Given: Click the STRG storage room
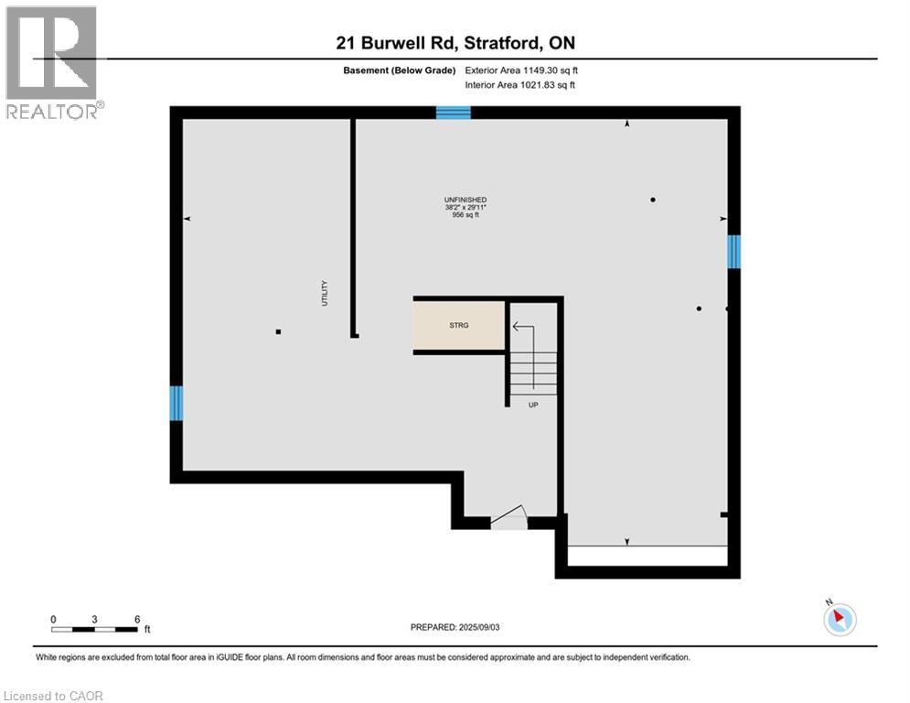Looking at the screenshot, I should pos(459,325).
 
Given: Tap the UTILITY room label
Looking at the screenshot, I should pos(325,293).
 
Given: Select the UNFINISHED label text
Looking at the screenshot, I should pos(465,200).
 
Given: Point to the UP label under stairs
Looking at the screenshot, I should pos(533,404).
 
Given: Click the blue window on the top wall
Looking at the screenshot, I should pos(453,113).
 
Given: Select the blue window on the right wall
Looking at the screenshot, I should pos(733,251).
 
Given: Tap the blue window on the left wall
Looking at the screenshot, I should pos(177,403).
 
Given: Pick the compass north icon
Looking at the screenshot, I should pos(839,619).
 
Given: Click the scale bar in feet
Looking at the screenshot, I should pos(95,629).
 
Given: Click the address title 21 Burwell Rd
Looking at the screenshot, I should pos(455,43).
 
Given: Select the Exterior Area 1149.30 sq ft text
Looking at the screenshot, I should pos(522,70).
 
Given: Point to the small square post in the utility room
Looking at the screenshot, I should pos(279,331).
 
